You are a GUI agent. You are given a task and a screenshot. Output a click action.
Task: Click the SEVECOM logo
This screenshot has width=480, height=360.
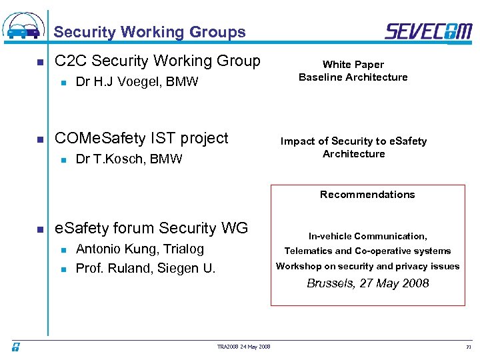coord(428,31)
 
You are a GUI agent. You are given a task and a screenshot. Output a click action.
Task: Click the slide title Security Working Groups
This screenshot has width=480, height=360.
coord(149,32)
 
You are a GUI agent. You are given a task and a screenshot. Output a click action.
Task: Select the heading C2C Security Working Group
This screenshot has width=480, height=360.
coord(157,61)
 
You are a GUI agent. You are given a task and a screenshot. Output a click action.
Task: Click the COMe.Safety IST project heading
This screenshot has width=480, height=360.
coord(141,138)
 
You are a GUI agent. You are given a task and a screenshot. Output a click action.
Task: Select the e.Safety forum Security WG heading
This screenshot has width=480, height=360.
coord(151,229)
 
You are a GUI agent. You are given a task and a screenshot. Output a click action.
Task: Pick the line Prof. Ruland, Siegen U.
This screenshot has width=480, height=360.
coord(146,269)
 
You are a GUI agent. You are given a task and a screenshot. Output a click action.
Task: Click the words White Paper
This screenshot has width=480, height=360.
coord(353,65)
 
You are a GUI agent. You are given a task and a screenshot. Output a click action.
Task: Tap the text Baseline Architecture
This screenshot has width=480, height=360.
coord(353,77)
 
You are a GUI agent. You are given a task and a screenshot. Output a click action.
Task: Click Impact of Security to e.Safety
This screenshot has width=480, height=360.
coord(353,141)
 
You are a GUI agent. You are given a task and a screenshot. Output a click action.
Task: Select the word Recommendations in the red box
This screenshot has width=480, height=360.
coord(367,195)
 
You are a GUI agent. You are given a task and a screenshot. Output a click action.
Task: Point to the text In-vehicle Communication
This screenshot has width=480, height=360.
coord(367,236)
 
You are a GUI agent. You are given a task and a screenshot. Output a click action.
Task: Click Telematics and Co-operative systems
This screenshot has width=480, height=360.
coord(367,251)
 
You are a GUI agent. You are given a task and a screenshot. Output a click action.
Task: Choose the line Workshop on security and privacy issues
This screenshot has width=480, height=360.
coord(367,267)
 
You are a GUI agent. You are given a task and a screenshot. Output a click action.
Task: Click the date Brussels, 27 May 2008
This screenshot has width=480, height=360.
coord(367,283)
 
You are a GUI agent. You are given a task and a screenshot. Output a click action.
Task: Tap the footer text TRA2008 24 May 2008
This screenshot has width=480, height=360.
coord(243,347)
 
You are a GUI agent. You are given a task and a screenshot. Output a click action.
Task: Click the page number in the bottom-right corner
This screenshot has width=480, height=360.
coord(468,347)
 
